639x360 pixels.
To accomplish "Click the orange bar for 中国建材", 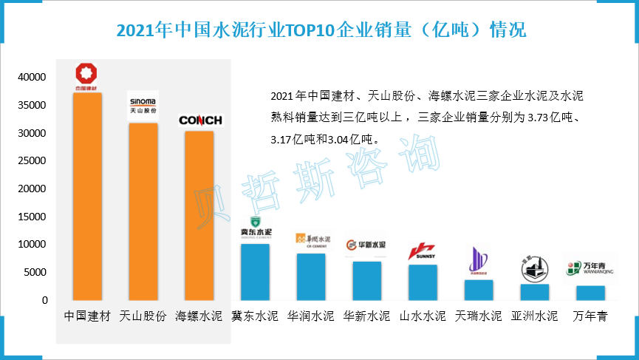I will point(87,196).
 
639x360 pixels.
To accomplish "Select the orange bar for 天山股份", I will point(143,211).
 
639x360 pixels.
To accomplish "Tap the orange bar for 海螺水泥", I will point(199,215).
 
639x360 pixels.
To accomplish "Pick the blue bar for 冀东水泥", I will point(255,271).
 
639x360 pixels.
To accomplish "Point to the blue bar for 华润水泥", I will point(311,276).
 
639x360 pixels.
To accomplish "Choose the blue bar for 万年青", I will point(590,293).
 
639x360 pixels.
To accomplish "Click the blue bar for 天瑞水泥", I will point(479,290).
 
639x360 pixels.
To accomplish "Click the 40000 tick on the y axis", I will point(33,77).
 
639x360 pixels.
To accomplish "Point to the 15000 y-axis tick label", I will point(33,217).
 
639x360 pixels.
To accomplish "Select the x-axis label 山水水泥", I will point(423,316).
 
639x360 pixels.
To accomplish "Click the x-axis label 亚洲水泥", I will point(535,316).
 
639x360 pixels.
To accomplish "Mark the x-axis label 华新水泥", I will point(367,316).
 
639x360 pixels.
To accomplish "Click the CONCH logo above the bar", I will point(200,120).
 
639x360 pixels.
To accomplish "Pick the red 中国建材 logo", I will point(86,77).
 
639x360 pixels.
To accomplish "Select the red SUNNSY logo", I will point(423,251).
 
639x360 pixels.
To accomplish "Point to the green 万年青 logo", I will point(590,267).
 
